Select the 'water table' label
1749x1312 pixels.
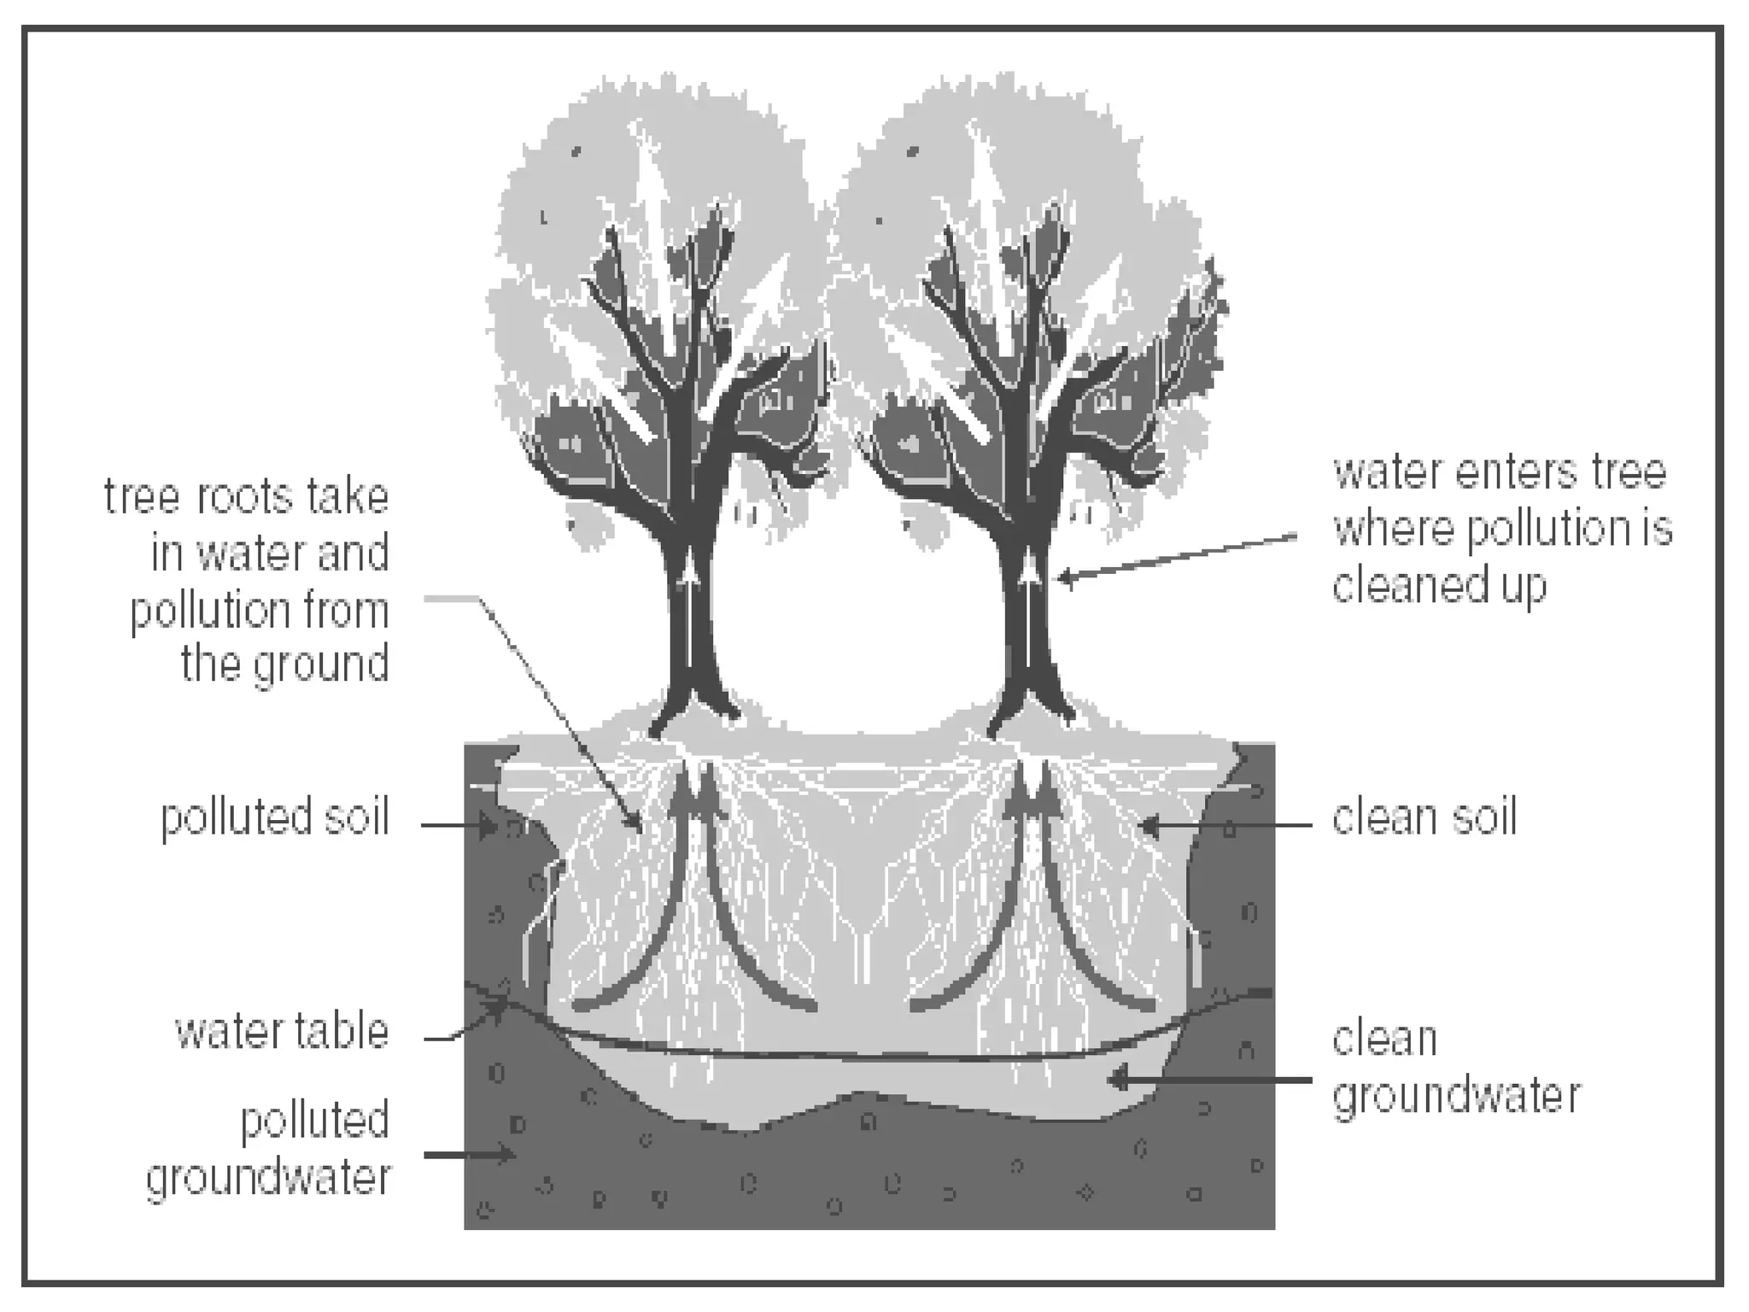[282, 1032]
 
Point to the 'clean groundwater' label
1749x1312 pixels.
[1456, 1068]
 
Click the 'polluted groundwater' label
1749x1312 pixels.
[268, 1149]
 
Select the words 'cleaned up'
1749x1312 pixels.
[1439, 587]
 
